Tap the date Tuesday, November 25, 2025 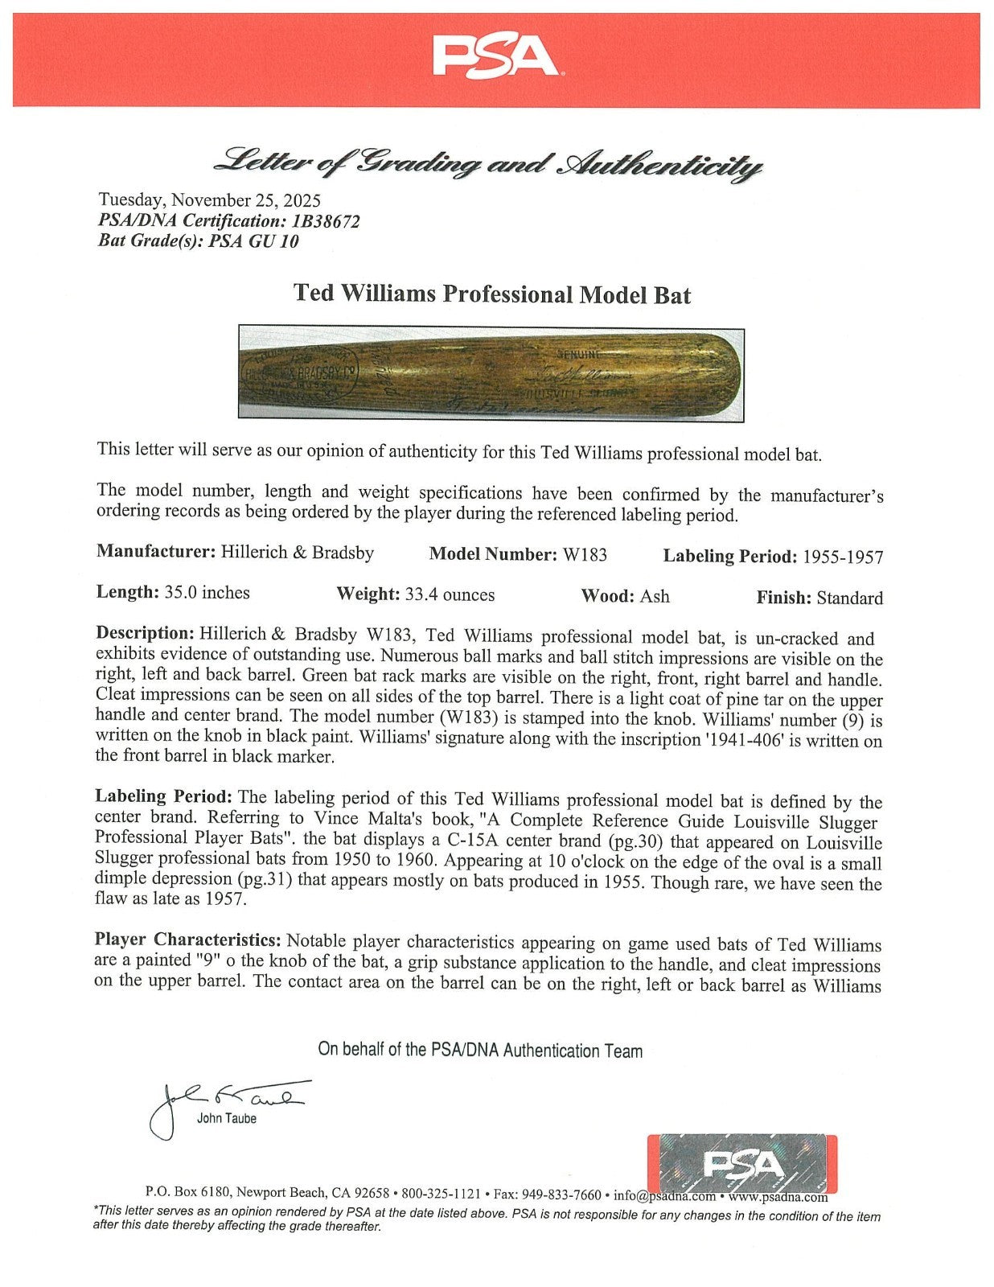[209, 200]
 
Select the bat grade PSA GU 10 [254, 241]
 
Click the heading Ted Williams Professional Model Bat [492, 294]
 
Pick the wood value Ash [655, 596]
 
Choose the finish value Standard [849, 598]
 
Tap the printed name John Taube [227, 1118]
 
